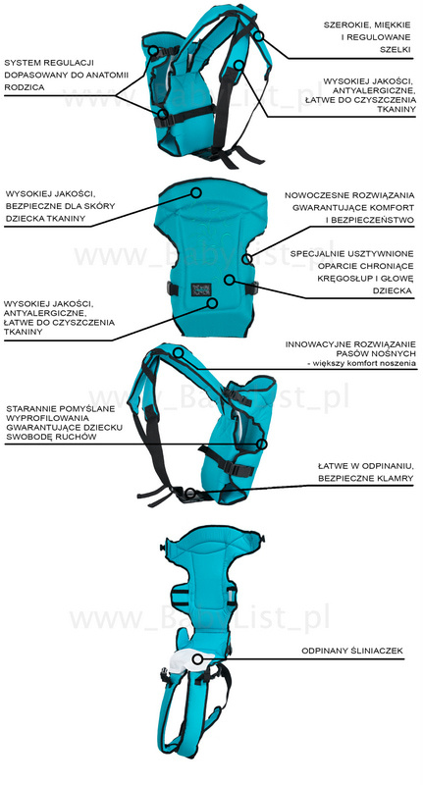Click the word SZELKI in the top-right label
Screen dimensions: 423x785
tap(395, 50)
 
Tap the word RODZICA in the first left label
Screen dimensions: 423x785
tap(24, 87)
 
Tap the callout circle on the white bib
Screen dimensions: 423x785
tap(197, 658)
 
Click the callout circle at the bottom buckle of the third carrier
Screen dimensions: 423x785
tap(189, 494)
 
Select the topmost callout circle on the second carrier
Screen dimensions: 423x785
tap(196, 192)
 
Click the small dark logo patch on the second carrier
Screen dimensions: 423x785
tap(201, 289)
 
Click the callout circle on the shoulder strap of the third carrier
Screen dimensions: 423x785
tap(179, 352)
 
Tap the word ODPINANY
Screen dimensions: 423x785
tap(323, 651)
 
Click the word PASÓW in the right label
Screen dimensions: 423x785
tap(368, 354)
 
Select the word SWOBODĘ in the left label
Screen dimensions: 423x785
tap(31, 437)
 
